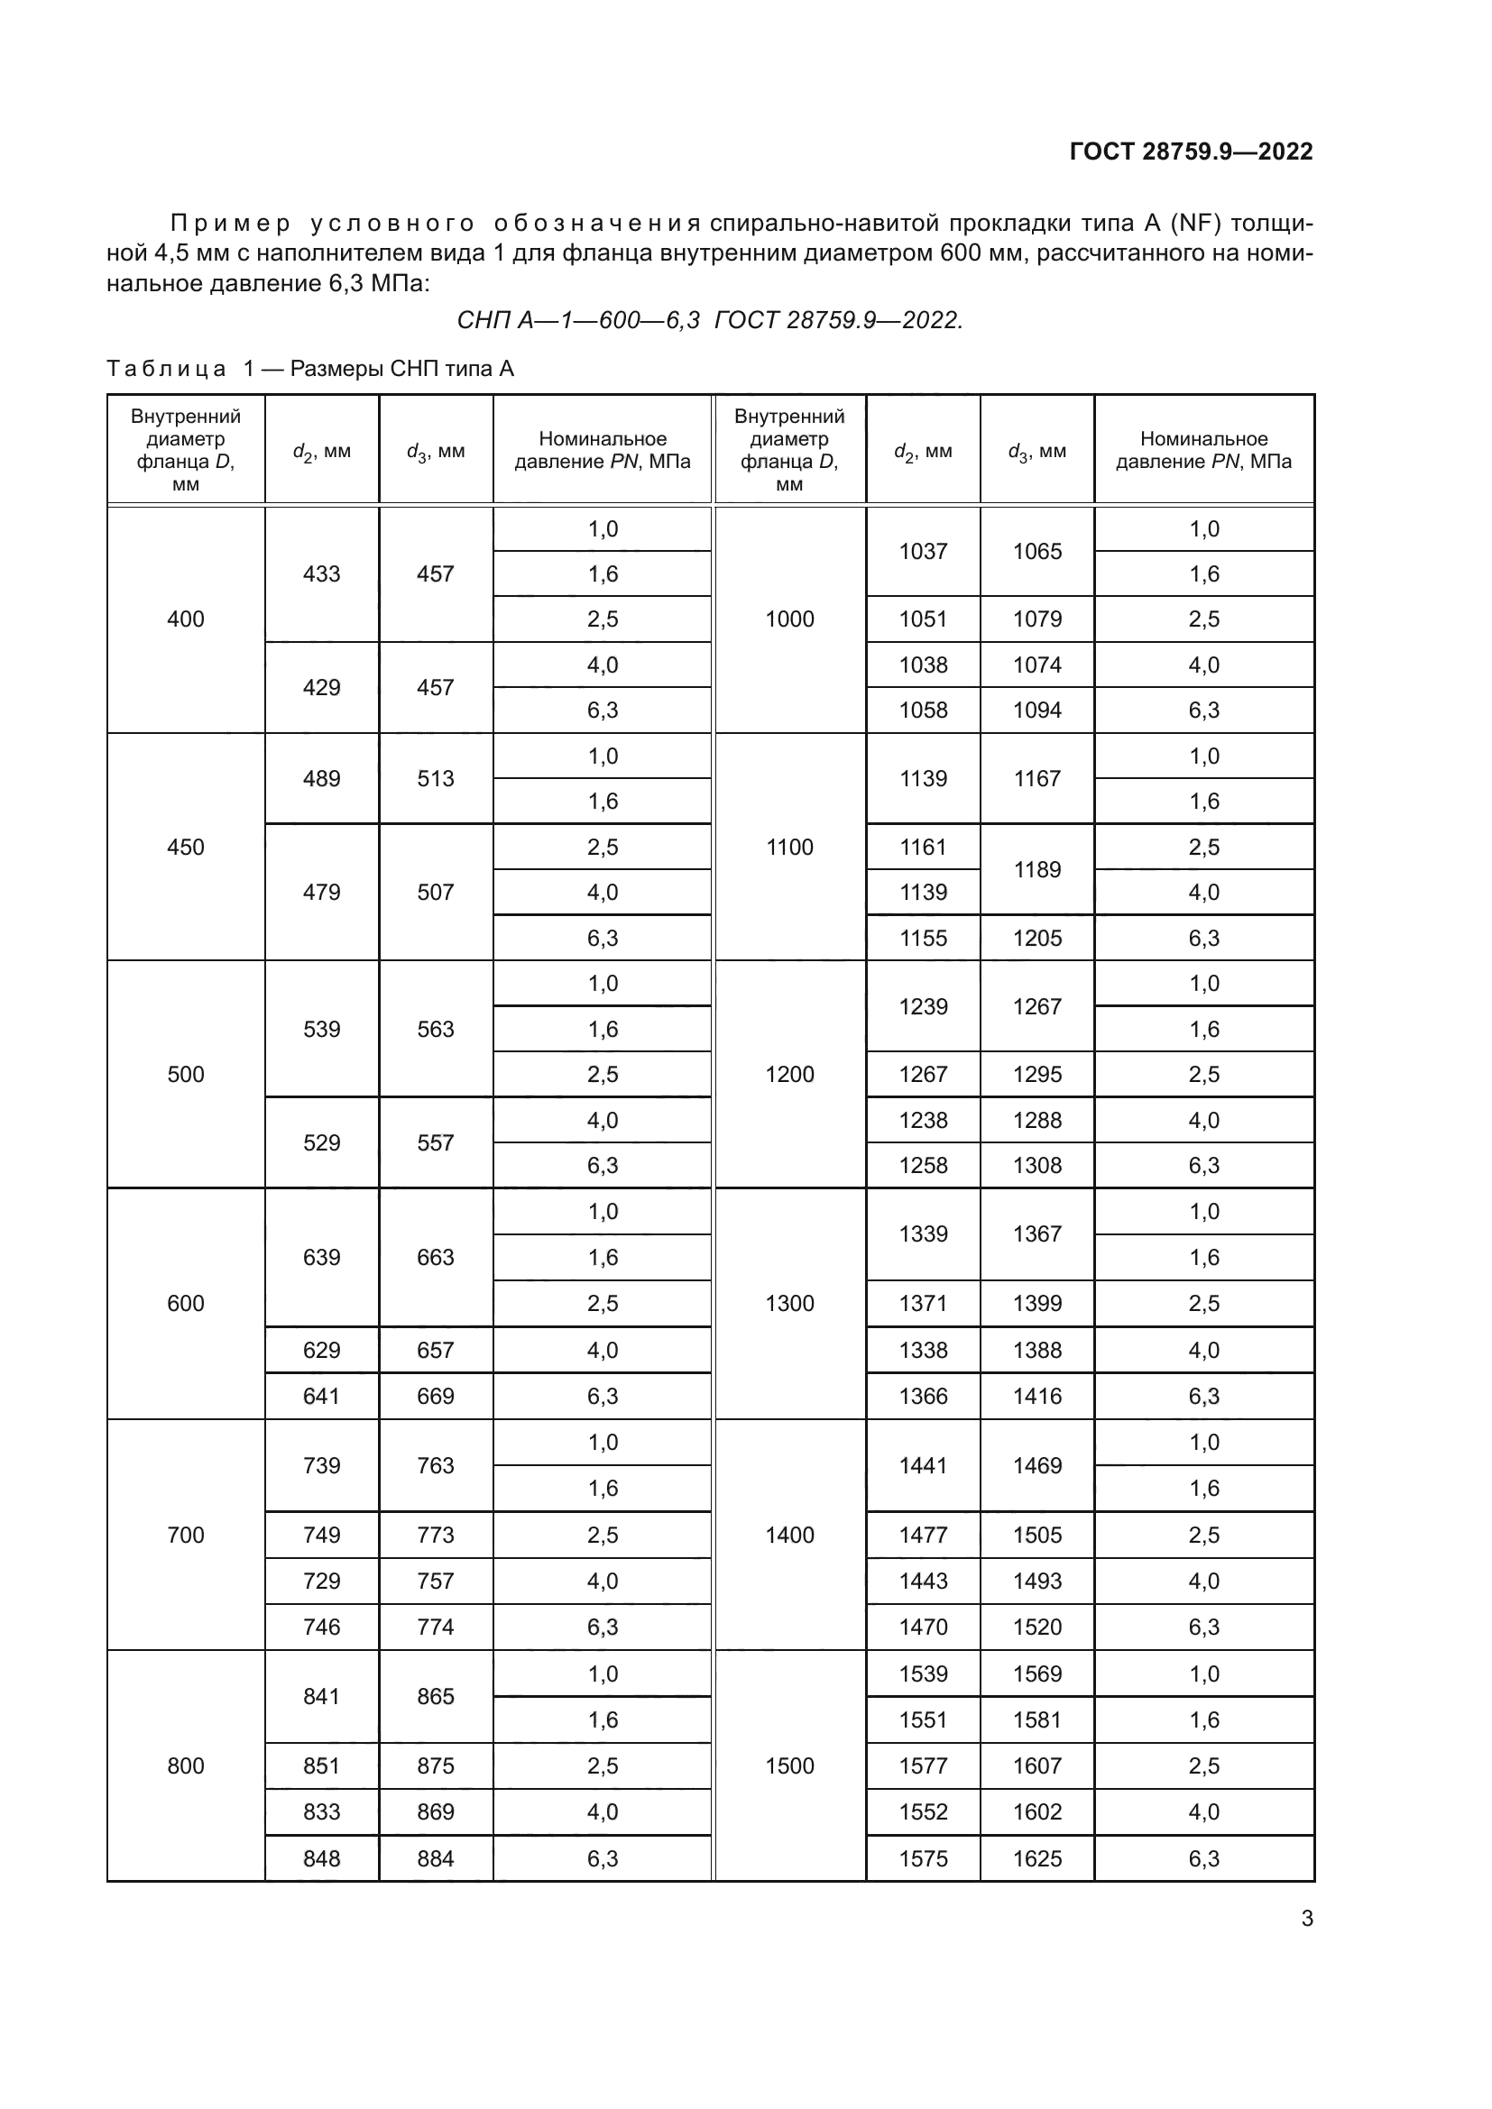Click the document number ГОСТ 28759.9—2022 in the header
click(1191, 151)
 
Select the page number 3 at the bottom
click(1306, 1919)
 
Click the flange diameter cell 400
click(186, 619)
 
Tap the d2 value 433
click(321, 574)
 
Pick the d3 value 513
click(436, 779)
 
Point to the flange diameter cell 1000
click(789, 619)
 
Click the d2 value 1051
click(923, 619)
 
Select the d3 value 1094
click(1037, 710)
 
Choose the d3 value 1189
click(1037, 869)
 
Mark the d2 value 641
click(321, 1396)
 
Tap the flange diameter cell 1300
click(789, 1304)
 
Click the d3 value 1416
click(1037, 1396)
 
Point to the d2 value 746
click(321, 1627)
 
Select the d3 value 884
click(436, 1858)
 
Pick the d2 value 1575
click(923, 1858)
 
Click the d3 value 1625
click(1037, 1858)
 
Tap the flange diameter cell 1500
click(789, 1765)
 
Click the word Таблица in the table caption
click(166, 370)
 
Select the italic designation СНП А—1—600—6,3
click(578, 321)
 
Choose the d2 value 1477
click(923, 1535)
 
